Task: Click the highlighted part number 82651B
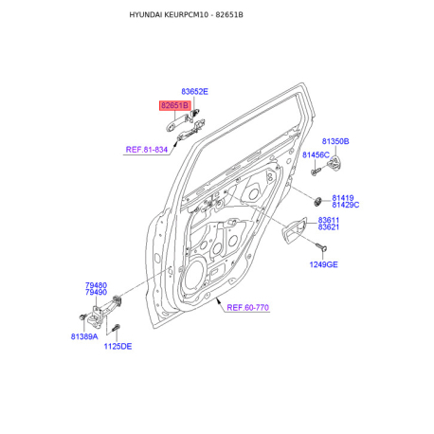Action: pyautogui.click(x=174, y=105)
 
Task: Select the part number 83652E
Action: pyautogui.click(x=194, y=92)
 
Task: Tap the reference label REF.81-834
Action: pyautogui.click(x=147, y=150)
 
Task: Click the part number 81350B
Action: pyautogui.click(x=335, y=141)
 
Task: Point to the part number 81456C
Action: pyautogui.click(x=316, y=154)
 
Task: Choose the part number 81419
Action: pyautogui.click(x=343, y=198)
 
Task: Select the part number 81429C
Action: pyautogui.click(x=346, y=205)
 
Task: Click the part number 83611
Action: pyautogui.click(x=329, y=220)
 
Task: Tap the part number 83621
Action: pyautogui.click(x=329, y=226)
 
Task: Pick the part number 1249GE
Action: pyautogui.click(x=323, y=264)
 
